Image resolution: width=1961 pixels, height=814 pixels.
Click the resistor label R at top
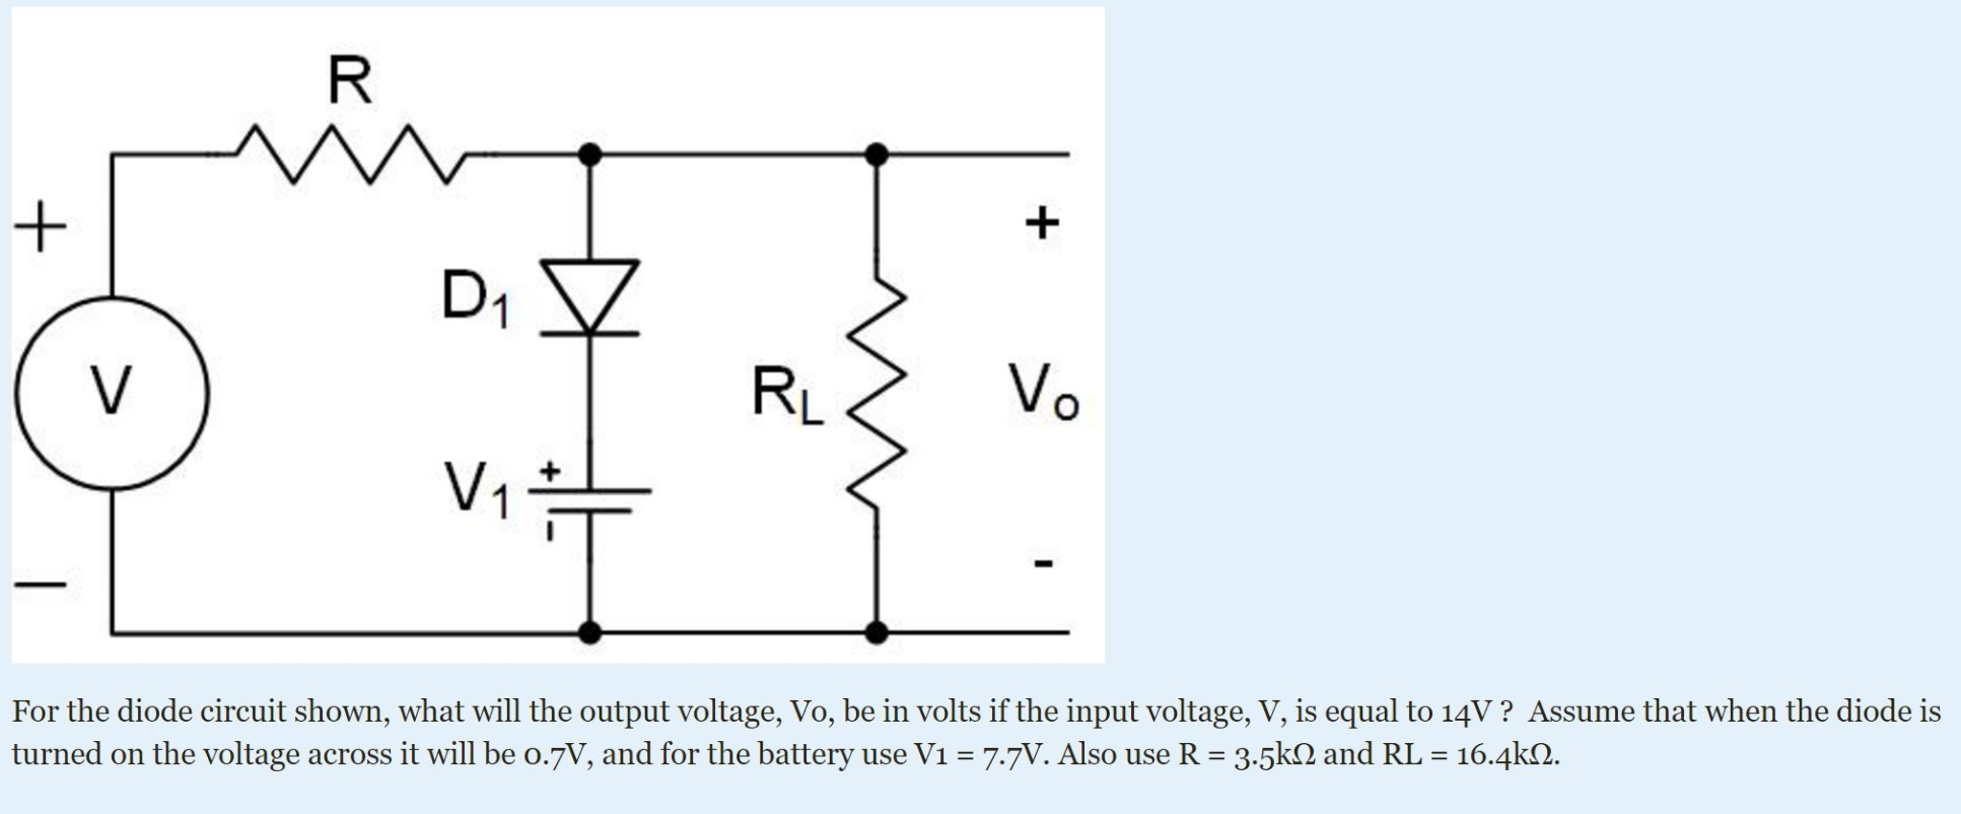coord(349,81)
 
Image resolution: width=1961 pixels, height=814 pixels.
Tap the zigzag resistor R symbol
coord(350,152)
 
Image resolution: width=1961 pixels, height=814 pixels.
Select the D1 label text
coord(475,297)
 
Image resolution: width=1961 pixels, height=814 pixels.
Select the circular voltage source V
coord(111,392)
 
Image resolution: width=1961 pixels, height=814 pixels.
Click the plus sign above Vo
coord(1042,222)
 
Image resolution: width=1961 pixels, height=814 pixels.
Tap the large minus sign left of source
coord(40,582)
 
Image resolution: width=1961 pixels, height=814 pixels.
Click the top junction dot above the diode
coord(590,153)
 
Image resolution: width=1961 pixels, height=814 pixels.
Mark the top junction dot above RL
coord(876,153)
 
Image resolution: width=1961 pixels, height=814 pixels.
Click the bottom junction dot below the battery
coord(590,632)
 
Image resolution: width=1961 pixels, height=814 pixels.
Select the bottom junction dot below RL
coord(876,632)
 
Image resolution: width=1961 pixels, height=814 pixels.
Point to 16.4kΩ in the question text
coord(1506,755)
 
